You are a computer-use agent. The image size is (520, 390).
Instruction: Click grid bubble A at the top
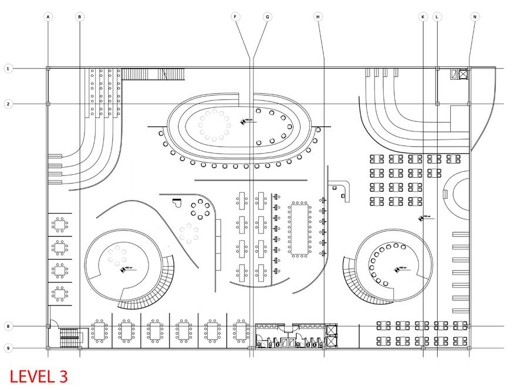[48, 18]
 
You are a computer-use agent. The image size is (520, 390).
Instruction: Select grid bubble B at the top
[80, 18]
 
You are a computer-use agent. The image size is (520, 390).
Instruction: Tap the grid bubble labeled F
[235, 18]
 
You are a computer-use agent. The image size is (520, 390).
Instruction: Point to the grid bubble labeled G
[267, 18]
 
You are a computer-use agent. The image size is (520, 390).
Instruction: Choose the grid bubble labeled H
[318, 18]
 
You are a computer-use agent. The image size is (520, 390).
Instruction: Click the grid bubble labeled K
[423, 18]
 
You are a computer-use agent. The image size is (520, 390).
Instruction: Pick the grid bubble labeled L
[437, 18]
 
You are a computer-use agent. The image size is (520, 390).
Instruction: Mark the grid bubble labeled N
[475, 18]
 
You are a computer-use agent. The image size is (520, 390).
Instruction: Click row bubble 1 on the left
[8, 69]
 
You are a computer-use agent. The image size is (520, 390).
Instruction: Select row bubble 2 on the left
[8, 104]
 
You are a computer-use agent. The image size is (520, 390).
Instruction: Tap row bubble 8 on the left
[8, 326]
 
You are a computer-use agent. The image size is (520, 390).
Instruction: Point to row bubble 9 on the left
[8, 348]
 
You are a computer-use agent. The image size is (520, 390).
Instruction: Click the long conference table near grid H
[299, 229]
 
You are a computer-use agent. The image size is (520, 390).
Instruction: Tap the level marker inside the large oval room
[242, 121]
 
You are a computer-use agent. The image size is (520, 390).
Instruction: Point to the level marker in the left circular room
[123, 270]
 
